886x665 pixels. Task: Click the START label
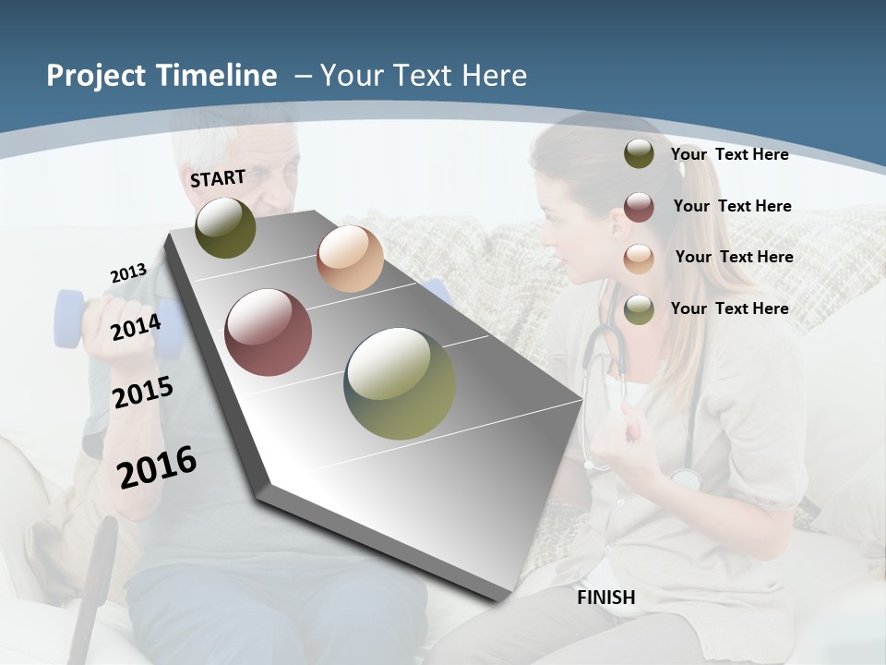(218, 178)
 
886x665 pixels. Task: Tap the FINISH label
(606, 598)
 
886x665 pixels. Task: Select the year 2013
(128, 273)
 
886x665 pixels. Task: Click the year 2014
(136, 327)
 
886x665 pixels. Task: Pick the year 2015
(143, 393)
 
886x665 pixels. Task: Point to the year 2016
(157, 466)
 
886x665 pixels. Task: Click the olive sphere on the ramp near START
(226, 228)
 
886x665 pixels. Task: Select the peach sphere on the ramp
(350, 259)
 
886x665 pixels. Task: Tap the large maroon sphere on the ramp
(269, 332)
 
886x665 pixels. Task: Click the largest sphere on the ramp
(400, 383)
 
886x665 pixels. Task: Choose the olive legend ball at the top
(639, 154)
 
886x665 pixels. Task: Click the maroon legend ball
(639, 207)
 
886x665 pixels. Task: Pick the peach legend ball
(639, 258)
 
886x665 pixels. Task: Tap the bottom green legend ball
(639, 309)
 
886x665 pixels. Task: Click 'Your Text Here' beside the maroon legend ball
(732, 206)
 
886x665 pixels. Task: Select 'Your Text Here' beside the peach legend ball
(734, 257)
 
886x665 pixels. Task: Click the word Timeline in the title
(216, 76)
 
